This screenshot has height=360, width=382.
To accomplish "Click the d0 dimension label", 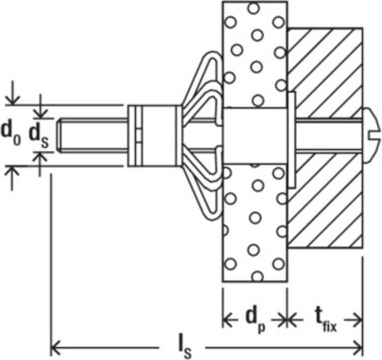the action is (x=11, y=134).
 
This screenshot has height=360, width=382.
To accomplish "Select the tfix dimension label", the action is (x=326, y=321).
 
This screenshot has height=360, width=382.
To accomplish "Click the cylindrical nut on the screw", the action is (x=154, y=136).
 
